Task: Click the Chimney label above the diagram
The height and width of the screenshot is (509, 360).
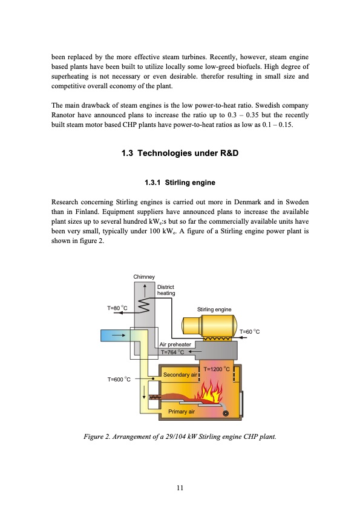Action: pyautogui.click(x=144, y=277)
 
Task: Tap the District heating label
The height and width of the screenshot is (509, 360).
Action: pyautogui.click(x=166, y=290)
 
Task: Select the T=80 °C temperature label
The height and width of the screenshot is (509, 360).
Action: pyautogui.click(x=117, y=308)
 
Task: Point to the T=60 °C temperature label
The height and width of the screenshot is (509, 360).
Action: pyautogui.click(x=249, y=331)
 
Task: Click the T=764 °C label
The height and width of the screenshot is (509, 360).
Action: pyautogui.click(x=172, y=352)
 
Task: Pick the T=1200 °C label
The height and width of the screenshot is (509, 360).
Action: pyautogui.click(x=217, y=369)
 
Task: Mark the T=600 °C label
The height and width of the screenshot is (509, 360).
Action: pyautogui.click(x=119, y=380)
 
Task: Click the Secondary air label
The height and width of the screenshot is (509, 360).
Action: pyautogui.click(x=180, y=375)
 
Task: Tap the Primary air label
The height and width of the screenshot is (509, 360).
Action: pyautogui.click(x=182, y=412)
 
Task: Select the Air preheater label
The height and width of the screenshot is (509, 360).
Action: pyautogui.click(x=175, y=345)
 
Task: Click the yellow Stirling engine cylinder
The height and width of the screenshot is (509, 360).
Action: pyautogui.click(x=209, y=325)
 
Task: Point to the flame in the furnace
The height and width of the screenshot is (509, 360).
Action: pyautogui.click(x=209, y=392)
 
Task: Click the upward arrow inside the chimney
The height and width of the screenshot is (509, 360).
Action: pyautogui.click(x=145, y=290)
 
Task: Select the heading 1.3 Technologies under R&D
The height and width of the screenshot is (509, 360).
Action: pyautogui.click(x=180, y=153)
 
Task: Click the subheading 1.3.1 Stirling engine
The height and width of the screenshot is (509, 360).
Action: pyautogui.click(x=180, y=183)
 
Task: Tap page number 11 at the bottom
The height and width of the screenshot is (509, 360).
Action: pyautogui.click(x=180, y=488)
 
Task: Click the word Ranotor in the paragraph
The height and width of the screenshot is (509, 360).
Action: pyautogui.click(x=63, y=115)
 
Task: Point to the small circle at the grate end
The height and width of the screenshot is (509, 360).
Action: pyautogui.click(x=226, y=413)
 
